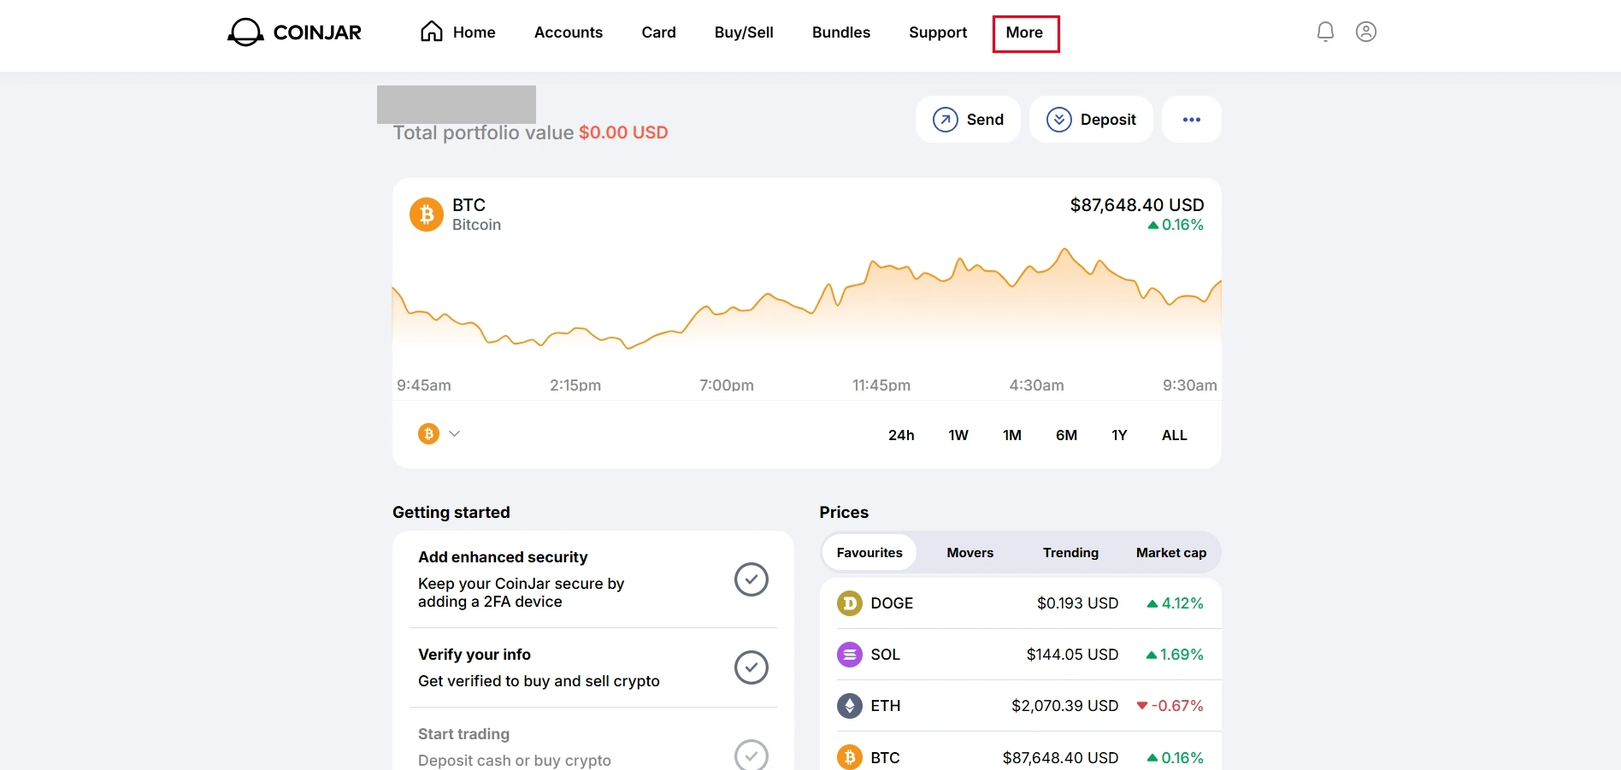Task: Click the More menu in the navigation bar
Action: (1024, 32)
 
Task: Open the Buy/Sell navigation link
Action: (744, 32)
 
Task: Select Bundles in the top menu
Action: (841, 32)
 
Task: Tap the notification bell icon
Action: (1325, 32)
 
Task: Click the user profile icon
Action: (1366, 32)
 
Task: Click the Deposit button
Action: (1091, 120)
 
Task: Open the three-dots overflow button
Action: (1192, 120)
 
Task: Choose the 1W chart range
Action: (958, 435)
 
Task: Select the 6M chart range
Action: (1066, 435)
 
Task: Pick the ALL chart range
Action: (1175, 435)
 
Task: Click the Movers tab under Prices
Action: (970, 553)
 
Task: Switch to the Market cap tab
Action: (1171, 553)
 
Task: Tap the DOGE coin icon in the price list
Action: (849, 603)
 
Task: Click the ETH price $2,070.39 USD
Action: (1064, 706)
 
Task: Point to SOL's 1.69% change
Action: (1175, 655)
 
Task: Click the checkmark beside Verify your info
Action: (752, 667)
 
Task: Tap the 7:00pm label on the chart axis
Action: (727, 385)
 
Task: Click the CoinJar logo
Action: (294, 32)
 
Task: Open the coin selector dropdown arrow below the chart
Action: (455, 434)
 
